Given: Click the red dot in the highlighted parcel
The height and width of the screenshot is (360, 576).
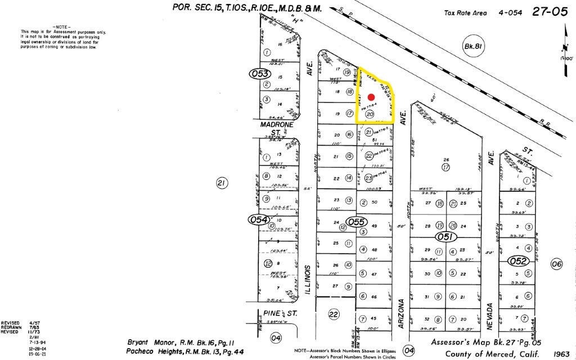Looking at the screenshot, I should pyautogui.click(x=371, y=97).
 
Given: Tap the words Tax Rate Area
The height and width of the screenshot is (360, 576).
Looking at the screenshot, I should pyautogui.click(x=464, y=12).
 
